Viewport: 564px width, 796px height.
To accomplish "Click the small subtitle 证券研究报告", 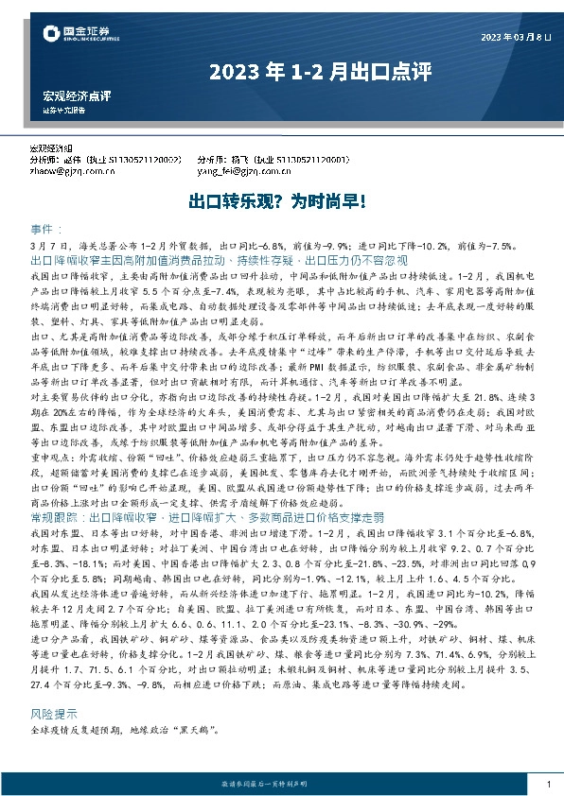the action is tap(63, 110).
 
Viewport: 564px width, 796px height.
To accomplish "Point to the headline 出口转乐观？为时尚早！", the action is tap(281, 202).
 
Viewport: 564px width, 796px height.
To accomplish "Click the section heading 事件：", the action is tap(47, 230).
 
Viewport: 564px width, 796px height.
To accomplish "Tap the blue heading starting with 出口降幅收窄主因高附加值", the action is tap(219, 259).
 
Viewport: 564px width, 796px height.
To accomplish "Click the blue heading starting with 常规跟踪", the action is tap(207, 517).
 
